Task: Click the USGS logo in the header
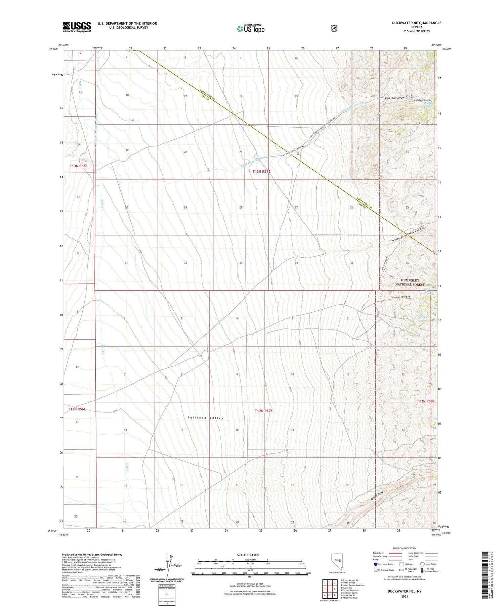77,27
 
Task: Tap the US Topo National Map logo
251,29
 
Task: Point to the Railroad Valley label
205,418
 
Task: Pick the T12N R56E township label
77,409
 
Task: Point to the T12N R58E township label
426,401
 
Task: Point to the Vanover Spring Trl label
401,297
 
